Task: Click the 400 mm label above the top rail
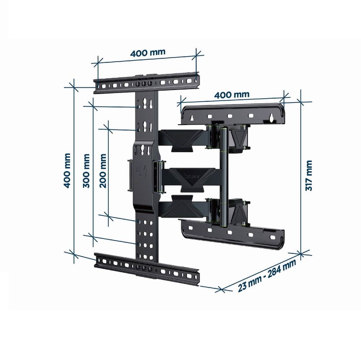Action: (148, 53)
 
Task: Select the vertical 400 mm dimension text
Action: (67, 170)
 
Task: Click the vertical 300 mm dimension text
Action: (87, 170)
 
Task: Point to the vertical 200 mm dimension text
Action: (103, 170)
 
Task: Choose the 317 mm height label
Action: (309, 176)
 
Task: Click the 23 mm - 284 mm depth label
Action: (267, 276)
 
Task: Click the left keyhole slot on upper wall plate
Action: (192, 118)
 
